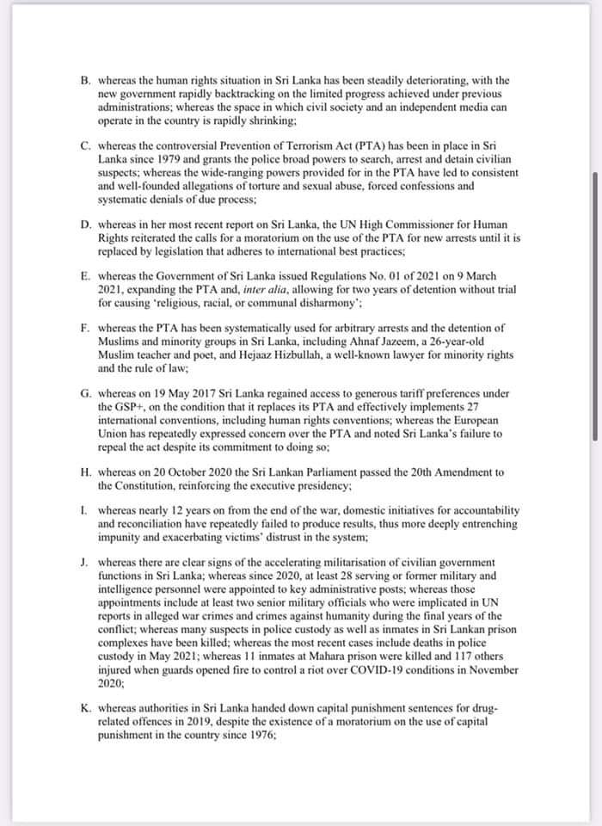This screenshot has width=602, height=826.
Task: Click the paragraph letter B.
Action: coord(85,78)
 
